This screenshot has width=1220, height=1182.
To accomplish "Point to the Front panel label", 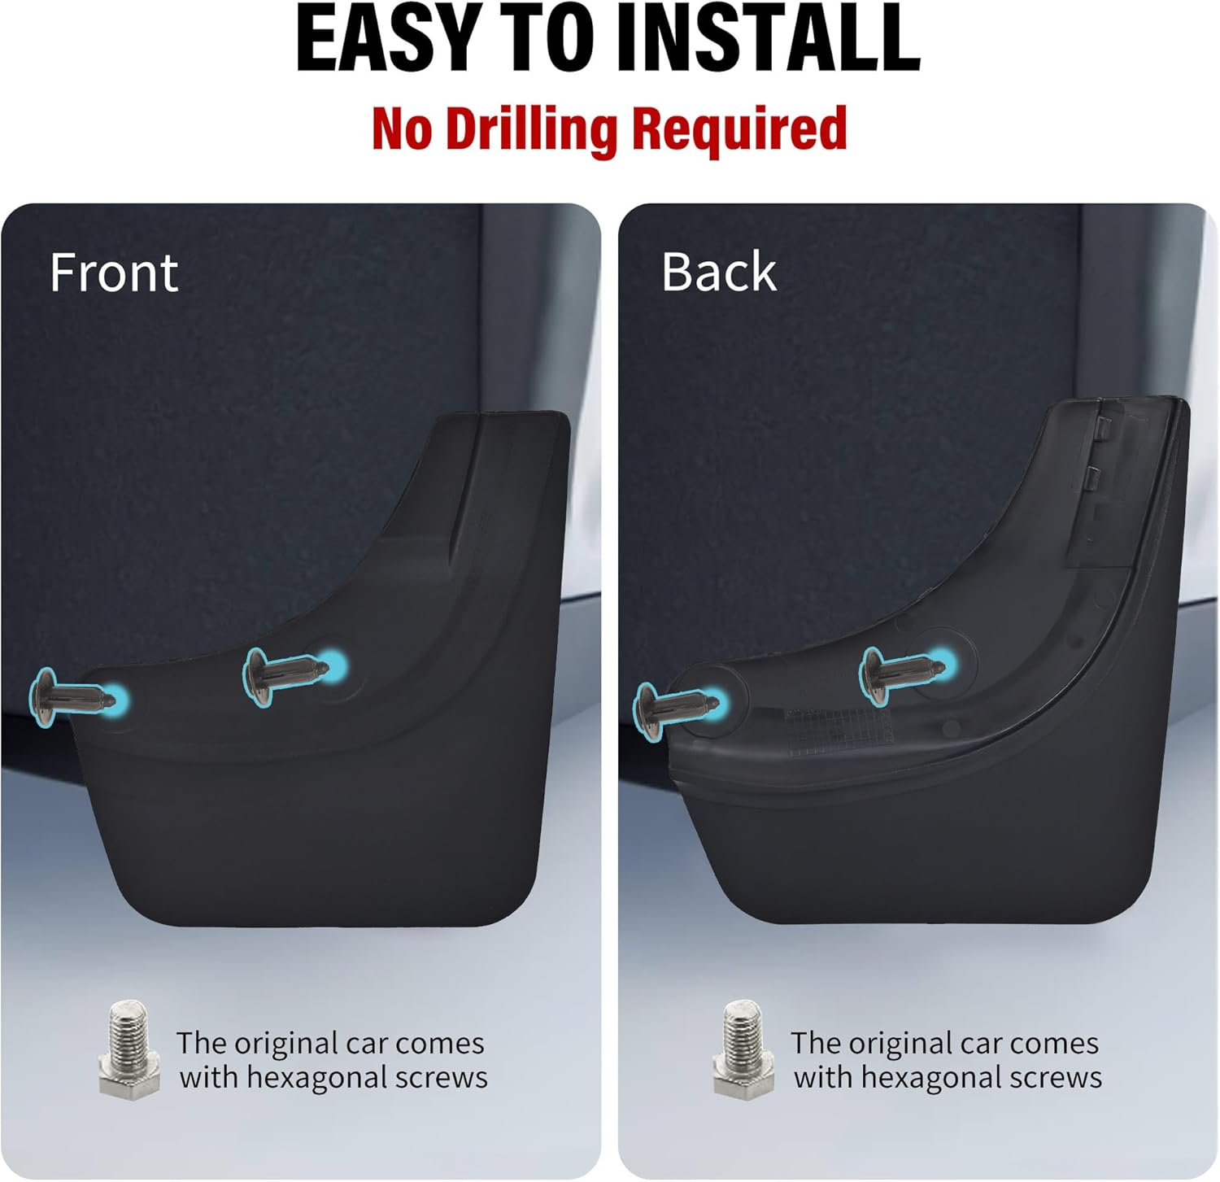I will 114,273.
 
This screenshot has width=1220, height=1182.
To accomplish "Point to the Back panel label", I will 719,272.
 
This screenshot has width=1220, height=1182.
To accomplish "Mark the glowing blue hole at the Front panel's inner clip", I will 333,665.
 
